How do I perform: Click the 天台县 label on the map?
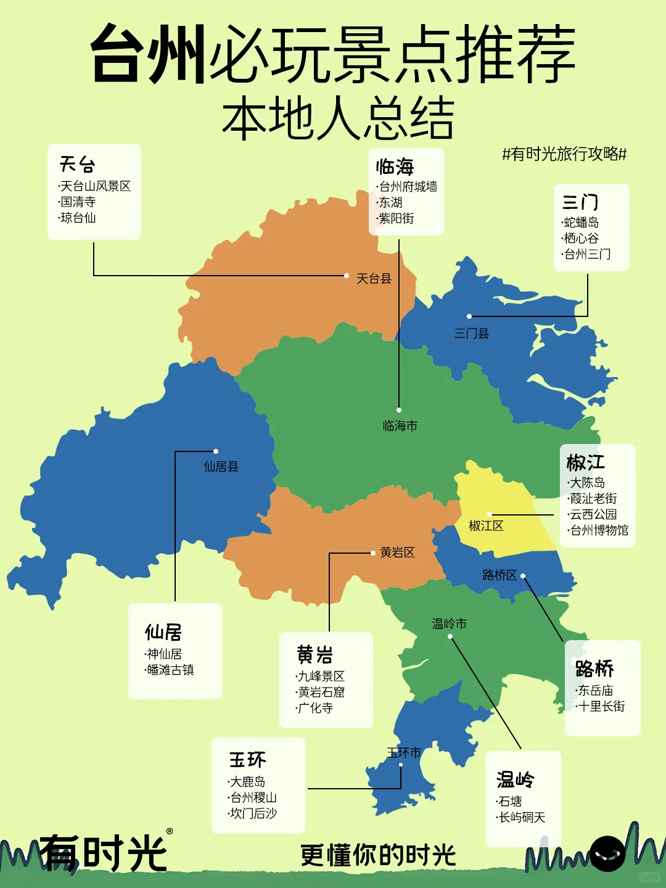tap(374, 279)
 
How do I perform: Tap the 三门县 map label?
tap(472, 334)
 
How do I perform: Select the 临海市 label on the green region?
tap(400, 426)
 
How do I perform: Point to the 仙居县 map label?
tap(221, 467)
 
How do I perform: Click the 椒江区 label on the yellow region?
tap(486, 526)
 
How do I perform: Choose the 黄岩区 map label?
tap(397, 553)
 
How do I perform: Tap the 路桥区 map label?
tap(499, 575)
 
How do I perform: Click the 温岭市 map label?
tap(449, 624)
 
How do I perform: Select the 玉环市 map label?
tap(404, 753)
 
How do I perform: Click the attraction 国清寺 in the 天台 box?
tap(78, 202)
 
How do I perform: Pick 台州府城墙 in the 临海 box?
tap(408, 187)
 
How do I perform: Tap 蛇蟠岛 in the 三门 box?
tap(581, 223)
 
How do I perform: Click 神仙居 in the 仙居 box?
tap(164, 654)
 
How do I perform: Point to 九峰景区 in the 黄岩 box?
tap(321, 676)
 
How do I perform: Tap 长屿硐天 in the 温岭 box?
tap(522, 818)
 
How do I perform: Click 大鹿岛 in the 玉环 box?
tap(247, 782)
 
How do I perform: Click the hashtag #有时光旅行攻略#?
tap(564, 154)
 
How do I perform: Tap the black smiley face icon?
tap(607, 854)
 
